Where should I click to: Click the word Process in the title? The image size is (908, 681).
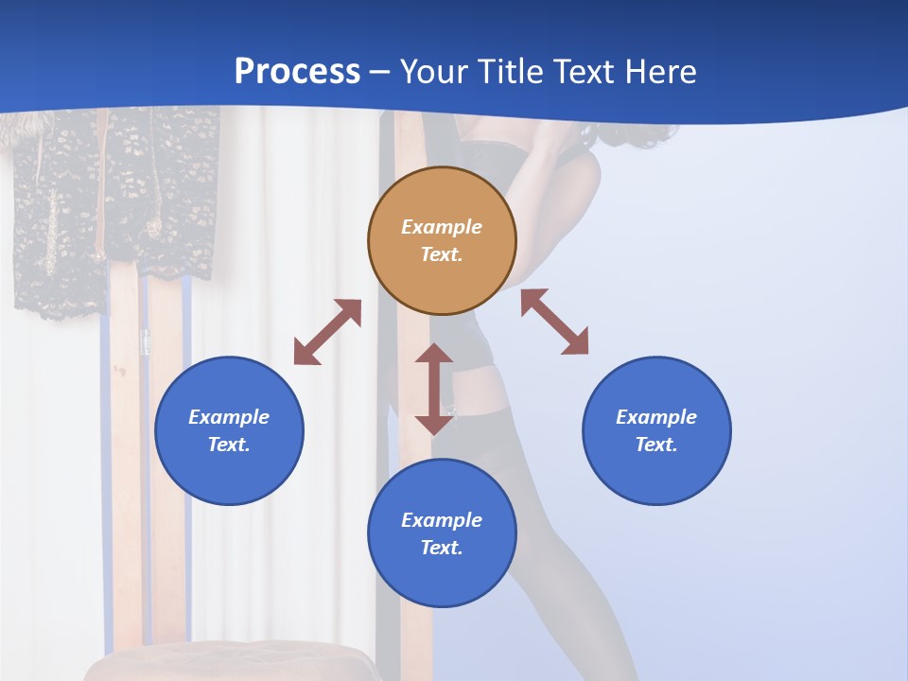(297, 72)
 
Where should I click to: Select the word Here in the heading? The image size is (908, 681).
(659, 72)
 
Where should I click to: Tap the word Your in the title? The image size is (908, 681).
(434, 72)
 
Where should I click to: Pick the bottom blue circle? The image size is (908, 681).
(442, 577)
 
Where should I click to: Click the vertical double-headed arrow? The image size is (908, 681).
(434, 389)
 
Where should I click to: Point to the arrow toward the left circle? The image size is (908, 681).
(327, 332)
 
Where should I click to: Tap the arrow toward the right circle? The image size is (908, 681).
(554, 322)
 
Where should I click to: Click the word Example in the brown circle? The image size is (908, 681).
(442, 227)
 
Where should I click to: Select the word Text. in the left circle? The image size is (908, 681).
(229, 445)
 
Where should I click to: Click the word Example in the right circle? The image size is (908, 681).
(656, 417)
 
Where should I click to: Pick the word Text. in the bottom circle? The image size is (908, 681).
(442, 548)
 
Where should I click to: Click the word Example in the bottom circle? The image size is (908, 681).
(442, 520)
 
